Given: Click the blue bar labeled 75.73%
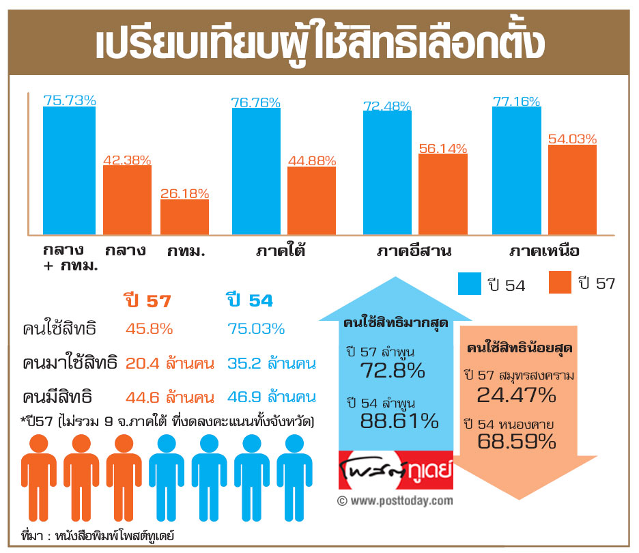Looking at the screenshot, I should [x=69, y=171].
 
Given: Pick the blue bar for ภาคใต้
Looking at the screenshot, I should [x=256, y=171].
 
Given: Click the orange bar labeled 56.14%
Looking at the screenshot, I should [x=442, y=194].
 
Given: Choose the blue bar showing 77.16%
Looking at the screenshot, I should [x=516, y=171].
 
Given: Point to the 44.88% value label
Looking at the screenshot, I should [x=311, y=160].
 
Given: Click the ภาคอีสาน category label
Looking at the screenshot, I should [x=414, y=251].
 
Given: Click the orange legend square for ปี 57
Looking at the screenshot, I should [x=560, y=283].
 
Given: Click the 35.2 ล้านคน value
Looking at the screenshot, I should [x=271, y=363].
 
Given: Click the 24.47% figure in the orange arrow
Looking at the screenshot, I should [x=517, y=395].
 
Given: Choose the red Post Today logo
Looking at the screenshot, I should [x=395, y=470].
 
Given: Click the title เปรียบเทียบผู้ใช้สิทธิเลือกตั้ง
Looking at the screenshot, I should [x=319, y=43].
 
